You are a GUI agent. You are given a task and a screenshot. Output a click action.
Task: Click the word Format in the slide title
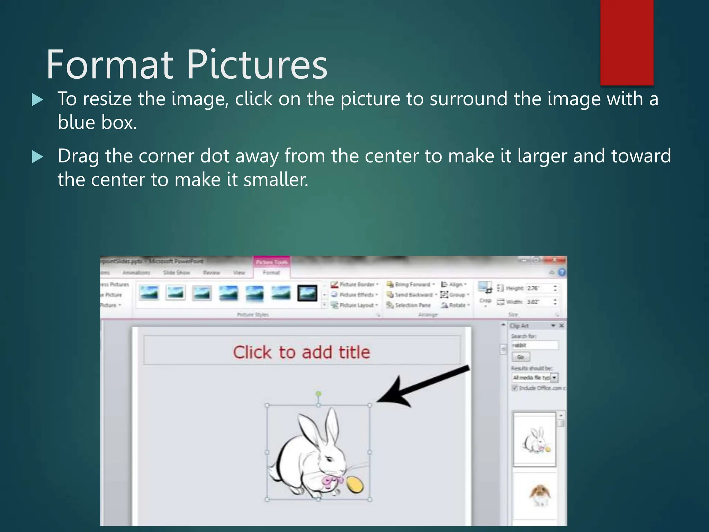(109, 65)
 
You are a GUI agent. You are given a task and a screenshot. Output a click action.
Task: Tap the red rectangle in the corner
(627, 42)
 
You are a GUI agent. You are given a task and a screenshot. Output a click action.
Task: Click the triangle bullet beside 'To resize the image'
(37, 100)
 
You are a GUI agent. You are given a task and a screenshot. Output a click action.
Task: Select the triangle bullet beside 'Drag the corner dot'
(37, 157)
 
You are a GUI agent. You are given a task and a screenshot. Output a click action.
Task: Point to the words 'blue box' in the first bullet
(97, 123)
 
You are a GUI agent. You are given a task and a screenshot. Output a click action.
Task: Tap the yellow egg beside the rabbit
(355, 484)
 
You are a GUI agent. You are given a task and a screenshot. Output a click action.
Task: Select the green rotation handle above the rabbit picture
(318, 394)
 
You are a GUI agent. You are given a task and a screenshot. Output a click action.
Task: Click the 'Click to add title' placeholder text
(301, 352)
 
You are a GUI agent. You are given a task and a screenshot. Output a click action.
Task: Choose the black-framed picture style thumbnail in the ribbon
(307, 293)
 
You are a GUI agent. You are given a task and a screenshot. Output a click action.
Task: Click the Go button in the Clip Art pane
(520, 357)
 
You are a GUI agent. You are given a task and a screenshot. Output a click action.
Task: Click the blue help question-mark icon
(562, 272)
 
